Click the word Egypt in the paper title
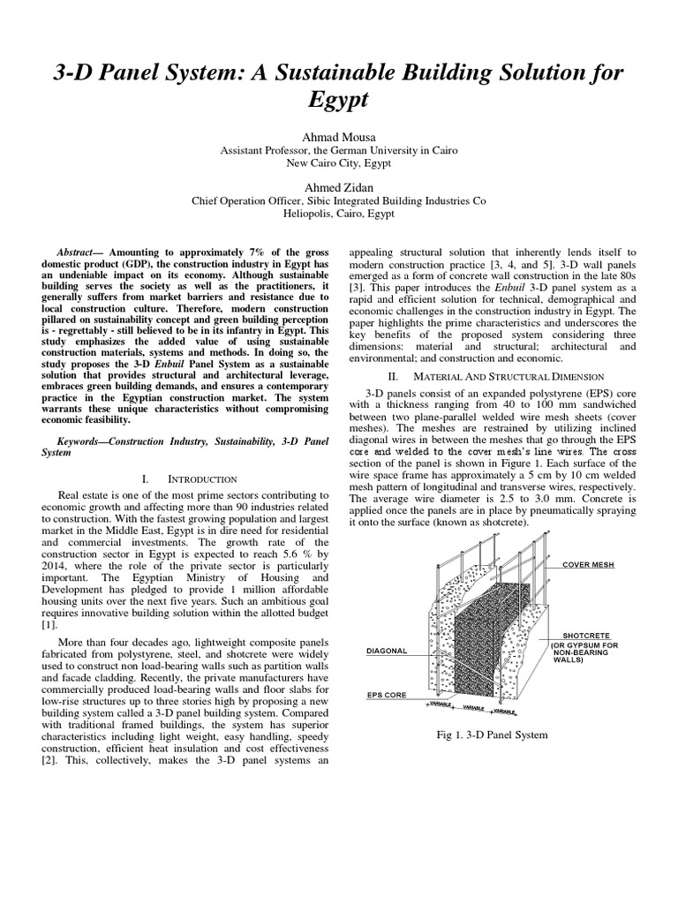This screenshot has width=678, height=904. click(339, 100)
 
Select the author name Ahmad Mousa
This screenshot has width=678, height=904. click(339, 138)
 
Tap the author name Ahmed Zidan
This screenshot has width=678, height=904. click(339, 188)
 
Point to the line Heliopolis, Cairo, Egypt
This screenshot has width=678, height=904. click(339, 214)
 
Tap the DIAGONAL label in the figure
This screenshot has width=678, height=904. click(387, 651)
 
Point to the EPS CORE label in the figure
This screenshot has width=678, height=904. click(387, 695)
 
